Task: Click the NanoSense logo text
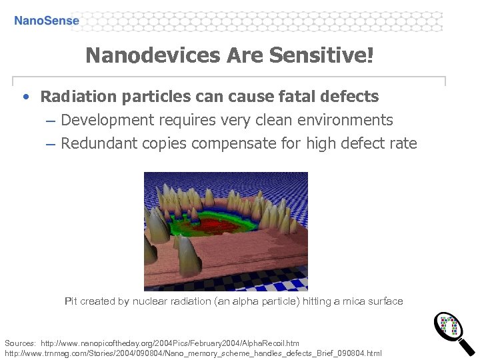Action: (47, 21)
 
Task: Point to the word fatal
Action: (293, 97)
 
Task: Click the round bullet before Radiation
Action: (25, 97)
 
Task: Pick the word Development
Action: (107, 121)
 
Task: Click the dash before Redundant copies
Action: (51, 143)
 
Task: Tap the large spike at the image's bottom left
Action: (188, 257)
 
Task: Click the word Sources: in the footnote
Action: (20, 342)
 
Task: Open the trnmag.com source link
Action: (193, 352)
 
